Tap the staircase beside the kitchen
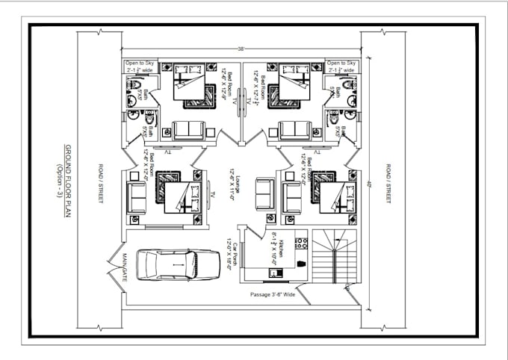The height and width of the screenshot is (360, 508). coord(334,258)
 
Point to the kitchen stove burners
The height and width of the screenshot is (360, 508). coord(303,243)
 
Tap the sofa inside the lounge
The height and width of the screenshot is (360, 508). coord(265,194)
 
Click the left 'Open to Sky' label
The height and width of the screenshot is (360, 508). coord(140,64)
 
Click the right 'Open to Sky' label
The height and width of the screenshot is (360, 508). coord(342,64)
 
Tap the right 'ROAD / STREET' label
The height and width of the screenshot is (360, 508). coord(387,184)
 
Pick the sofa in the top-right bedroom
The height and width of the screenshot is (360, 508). coord(294,130)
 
